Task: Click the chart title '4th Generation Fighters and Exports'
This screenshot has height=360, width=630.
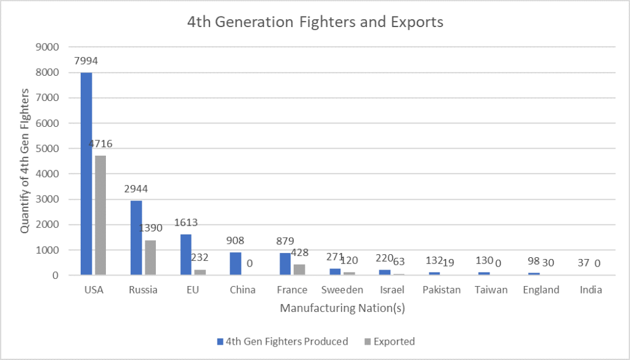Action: click(315, 23)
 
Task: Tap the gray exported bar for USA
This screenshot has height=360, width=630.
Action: click(100, 215)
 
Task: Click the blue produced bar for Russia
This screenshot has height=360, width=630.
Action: click(136, 238)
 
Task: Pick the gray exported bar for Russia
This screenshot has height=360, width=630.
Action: click(150, 257)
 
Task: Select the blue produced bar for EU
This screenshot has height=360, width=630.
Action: click(186, 254)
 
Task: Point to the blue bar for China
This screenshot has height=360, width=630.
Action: click(235, 263)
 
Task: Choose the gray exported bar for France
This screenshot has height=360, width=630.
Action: click(299, 270)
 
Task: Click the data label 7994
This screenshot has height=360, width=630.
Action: click(86, 61)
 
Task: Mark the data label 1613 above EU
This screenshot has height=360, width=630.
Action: click(185, 223)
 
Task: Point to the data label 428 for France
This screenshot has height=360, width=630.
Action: click(299, 252)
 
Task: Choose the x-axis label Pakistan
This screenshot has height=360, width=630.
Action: click(441, 290)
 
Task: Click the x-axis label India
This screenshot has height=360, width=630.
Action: click(590, 290)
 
